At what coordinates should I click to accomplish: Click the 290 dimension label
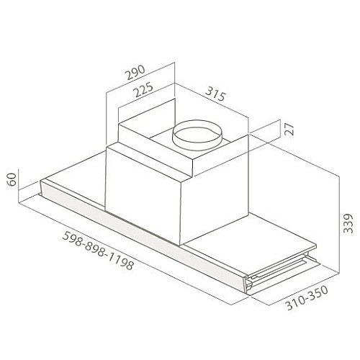pyautogui.click(x=136, y=72)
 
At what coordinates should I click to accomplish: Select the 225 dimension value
pyautogui.click(x=143, y=89)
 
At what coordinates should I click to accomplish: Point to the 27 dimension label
pyautogui.click(x=289, y=129)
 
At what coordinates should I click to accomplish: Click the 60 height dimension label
pyautogui.click(x=12, y=179)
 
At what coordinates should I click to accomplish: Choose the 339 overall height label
pyautogui.click(x=348, y=223)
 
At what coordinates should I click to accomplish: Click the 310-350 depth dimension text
pyautogui.click(x=307, y=298)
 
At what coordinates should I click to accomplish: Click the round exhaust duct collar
pyautogui.click(x=197, y=135)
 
